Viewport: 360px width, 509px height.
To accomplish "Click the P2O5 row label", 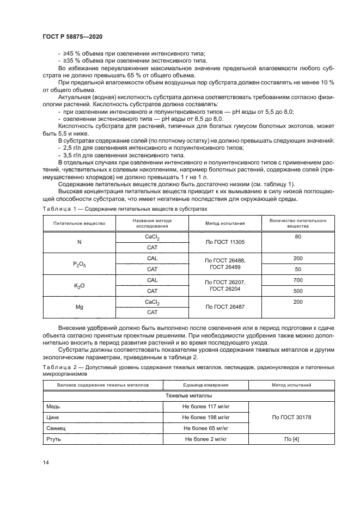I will [80, 264].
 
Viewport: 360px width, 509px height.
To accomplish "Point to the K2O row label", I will [80, 285].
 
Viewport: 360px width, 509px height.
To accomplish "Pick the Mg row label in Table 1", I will [80, 307].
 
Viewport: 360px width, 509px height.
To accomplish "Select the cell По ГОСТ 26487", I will [225, 307].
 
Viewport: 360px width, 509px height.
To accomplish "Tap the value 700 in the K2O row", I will [297, 280].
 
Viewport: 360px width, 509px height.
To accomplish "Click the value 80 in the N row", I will [297, 237].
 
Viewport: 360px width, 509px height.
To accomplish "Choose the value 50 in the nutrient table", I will [297, 269].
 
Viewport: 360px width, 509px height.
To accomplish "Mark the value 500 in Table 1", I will [297, 291].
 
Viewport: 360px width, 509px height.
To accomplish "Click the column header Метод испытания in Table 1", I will [225, 223].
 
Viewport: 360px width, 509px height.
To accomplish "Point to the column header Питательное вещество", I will [80, 223].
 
